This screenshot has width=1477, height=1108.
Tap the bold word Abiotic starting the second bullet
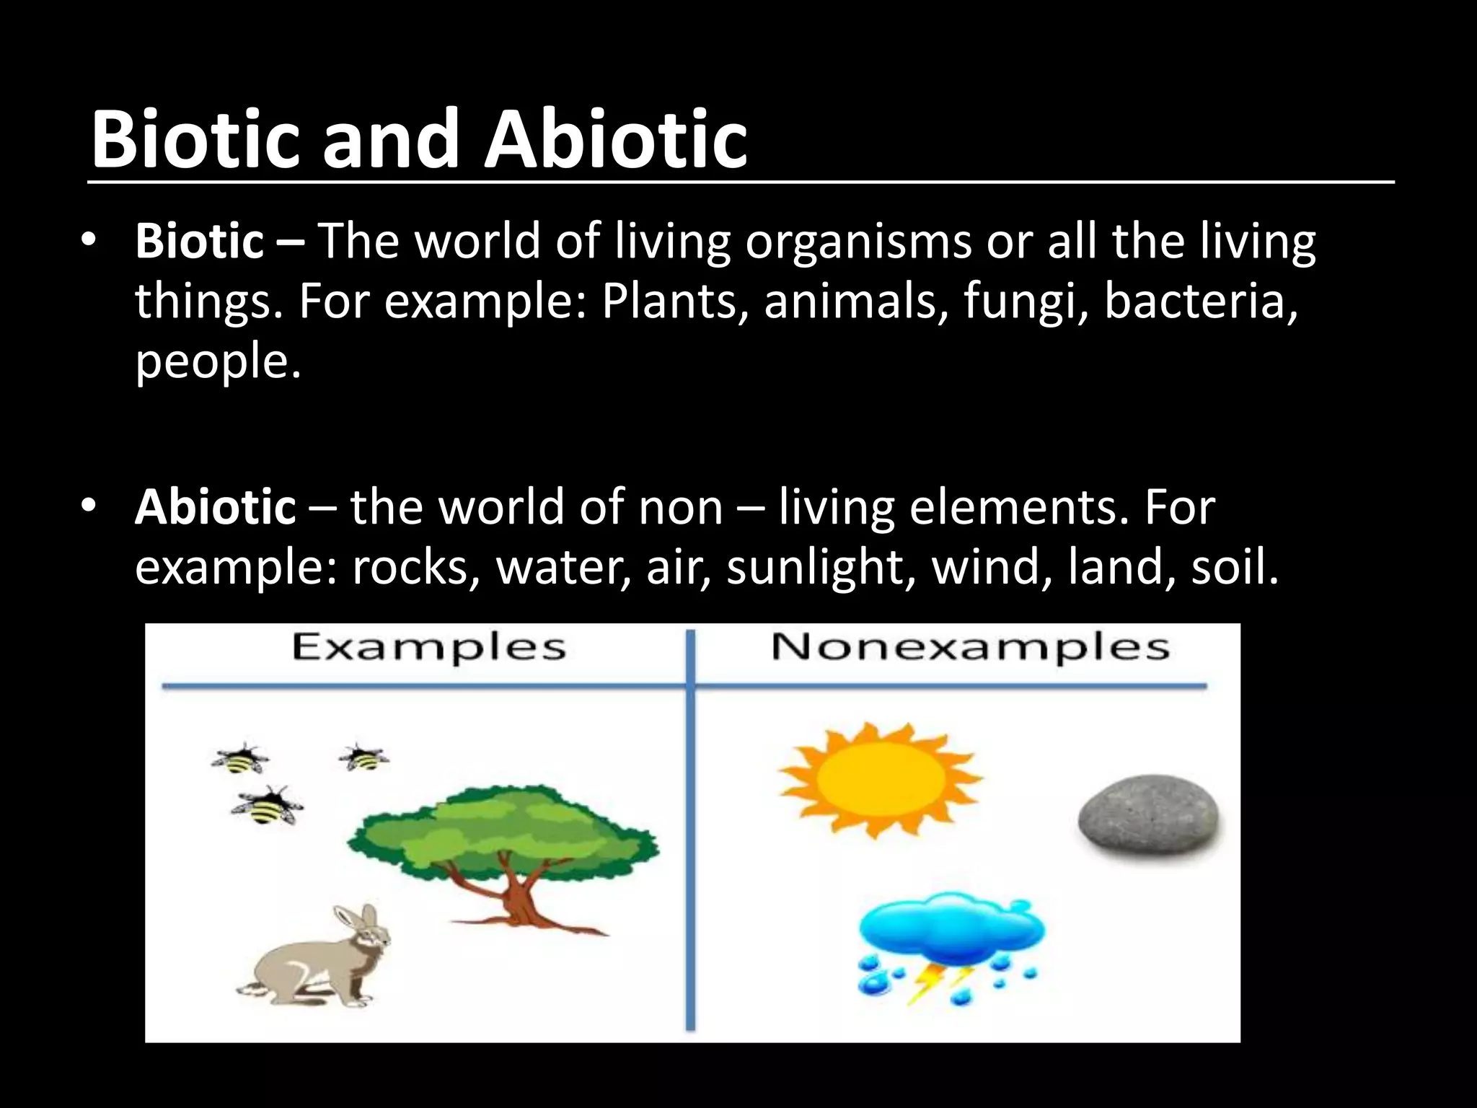point(215,506)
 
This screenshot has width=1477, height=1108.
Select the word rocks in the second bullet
point(411,567)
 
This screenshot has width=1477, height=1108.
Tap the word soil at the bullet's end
point(1233,567)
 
